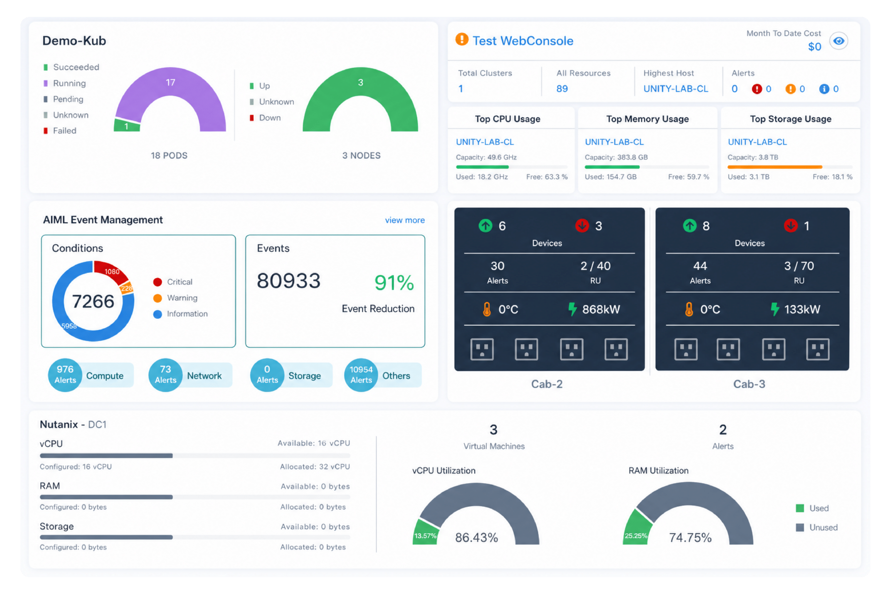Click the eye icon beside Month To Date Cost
838,41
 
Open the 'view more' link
404,220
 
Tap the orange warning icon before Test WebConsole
462,39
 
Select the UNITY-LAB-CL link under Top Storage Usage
757,142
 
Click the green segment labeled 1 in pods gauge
127,125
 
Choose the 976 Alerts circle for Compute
65,375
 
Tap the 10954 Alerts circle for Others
361,375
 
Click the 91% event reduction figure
394,283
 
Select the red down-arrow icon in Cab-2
582,225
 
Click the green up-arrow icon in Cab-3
689,225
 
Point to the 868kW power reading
601,309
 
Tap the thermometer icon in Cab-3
689,309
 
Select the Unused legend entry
817,527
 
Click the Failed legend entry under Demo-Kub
60,131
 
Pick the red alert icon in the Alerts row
757,89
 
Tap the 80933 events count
289,281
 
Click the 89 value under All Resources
562,89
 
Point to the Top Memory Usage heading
647,119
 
